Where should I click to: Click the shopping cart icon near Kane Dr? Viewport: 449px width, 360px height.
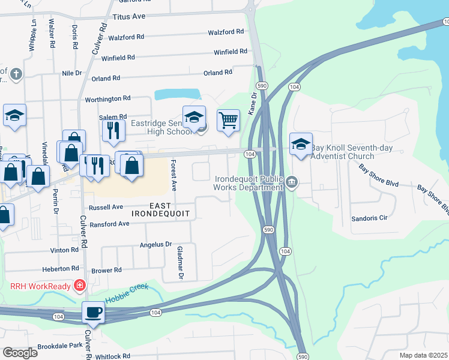228,121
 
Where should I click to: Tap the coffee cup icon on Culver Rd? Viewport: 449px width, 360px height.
93,313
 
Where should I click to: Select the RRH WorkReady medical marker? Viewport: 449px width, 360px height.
79,285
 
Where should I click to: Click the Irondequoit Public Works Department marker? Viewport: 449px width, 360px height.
292,182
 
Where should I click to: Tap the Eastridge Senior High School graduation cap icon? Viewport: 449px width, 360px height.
194,118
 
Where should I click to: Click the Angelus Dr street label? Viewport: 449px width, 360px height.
155,245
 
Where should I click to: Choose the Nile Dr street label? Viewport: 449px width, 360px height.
71,73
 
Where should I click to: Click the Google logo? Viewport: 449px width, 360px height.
20,352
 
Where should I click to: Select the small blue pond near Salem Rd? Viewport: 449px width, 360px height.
177,94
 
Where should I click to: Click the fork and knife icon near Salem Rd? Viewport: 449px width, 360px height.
113,130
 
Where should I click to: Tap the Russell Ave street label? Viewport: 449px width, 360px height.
106,208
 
